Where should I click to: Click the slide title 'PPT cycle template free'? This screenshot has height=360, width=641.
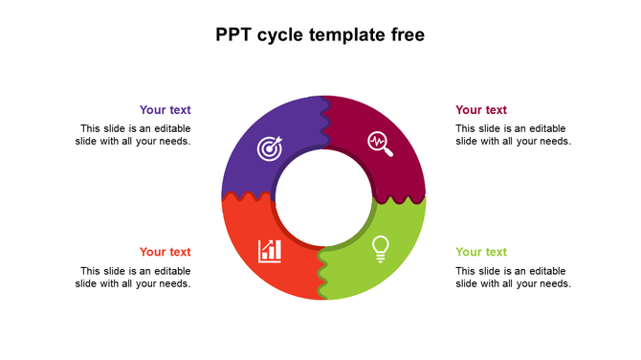point(320,35)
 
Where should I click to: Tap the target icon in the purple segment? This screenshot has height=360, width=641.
point(270,148)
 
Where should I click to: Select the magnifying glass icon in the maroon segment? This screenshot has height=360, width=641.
point(380,144)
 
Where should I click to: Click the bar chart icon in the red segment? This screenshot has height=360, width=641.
point(270,251)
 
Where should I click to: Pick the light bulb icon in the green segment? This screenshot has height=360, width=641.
point(380,248)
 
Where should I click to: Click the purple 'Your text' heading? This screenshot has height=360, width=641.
point(165,110)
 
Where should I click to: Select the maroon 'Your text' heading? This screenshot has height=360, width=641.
point(481,110)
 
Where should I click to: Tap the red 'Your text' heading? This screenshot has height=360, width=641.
point(165,252)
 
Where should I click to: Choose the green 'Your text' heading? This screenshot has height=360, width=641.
point(481,252)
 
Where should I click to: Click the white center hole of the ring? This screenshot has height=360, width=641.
point(323,198)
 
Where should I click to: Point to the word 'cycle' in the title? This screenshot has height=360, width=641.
point(279,36)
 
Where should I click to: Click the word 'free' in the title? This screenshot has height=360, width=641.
point(405,35)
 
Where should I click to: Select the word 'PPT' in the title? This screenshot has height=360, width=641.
point(233,35)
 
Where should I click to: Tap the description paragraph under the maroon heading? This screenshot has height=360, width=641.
point(513,135)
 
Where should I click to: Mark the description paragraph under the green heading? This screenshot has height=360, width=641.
point(513,277)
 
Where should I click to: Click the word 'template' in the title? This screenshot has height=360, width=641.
point(343,36)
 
